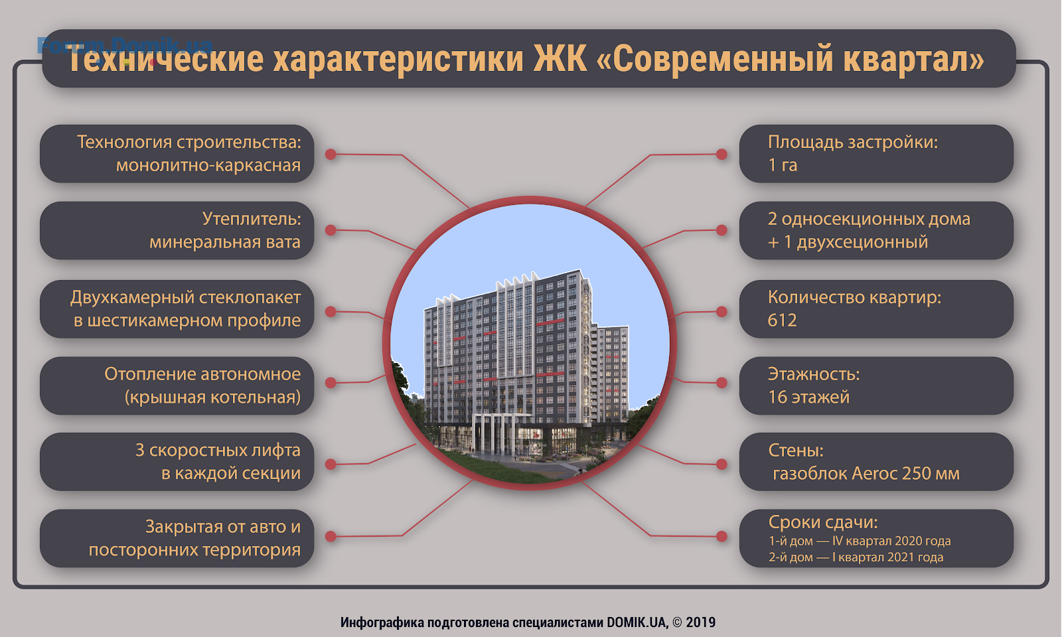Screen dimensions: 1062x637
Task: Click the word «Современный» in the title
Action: point(718,59)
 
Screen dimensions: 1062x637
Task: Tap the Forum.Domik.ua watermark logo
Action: point(125,46)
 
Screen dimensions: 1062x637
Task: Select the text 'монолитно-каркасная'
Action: point(208,165)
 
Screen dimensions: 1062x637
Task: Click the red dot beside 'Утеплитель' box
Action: point(331,230)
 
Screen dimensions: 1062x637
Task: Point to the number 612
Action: point(782,320)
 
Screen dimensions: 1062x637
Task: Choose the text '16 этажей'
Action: point(809,397)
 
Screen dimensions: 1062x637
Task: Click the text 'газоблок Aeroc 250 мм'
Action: point(866,474)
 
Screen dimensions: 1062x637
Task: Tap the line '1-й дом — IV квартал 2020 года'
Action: point(860,541)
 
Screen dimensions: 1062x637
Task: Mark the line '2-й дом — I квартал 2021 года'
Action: point(856,557)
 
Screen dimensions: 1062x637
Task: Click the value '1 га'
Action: point(783,165)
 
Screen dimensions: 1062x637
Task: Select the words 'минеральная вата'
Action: point(225,242)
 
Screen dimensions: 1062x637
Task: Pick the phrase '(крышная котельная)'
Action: point(212,397)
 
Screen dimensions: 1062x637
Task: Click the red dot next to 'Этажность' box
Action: point(721,382)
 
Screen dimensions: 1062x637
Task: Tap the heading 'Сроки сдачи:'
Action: point(823,522)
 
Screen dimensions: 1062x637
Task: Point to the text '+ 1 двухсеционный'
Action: point(848,242)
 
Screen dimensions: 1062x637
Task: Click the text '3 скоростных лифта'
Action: point(218,451)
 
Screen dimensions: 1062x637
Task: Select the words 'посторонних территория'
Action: point(195,550)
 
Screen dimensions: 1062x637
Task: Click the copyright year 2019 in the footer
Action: point(701,622)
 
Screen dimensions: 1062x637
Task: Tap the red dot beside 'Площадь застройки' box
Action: point(721,154)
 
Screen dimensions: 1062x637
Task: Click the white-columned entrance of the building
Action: point(494,434)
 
